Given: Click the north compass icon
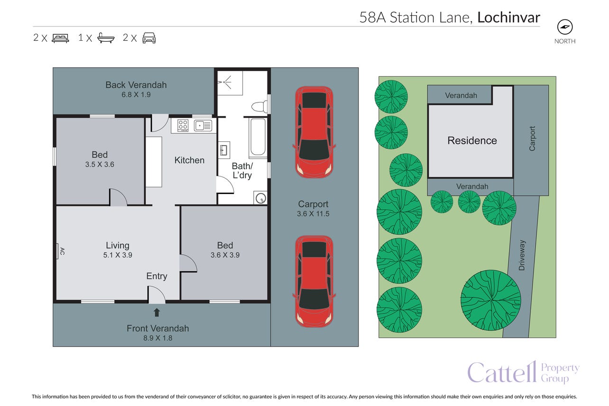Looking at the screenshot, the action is tap(565, 27).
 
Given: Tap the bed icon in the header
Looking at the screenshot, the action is tap(60, 38).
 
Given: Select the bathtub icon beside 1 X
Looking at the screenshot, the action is tap(106, 38).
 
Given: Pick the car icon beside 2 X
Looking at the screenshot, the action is tap(149, 38).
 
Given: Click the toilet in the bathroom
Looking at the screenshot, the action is tap(260, 107).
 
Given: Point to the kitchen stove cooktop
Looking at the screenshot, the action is tap(183, 125).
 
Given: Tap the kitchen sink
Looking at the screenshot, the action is tap(203, 126).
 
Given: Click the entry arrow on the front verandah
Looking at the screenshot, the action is tap(157, 313).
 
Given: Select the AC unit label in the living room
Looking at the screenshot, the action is tap(62, 251).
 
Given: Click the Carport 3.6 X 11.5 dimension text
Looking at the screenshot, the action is tap(313, 214).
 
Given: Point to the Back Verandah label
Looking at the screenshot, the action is tap(136, 85).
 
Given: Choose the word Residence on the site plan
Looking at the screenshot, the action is tap(472, 140).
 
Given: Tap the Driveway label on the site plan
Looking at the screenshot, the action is tap(522, 255).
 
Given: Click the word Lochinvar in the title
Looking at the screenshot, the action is tap(508, 18).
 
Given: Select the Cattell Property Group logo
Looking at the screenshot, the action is tap(523, 372).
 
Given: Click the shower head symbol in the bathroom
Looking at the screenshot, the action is tap(224, 82).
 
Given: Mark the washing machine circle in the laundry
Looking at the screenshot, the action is tap(260, 198).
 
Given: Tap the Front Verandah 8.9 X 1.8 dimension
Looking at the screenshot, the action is tap(157, 338).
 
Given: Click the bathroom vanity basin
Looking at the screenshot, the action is tap(224, 150).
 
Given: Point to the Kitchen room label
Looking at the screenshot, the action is tap(189, 160).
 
